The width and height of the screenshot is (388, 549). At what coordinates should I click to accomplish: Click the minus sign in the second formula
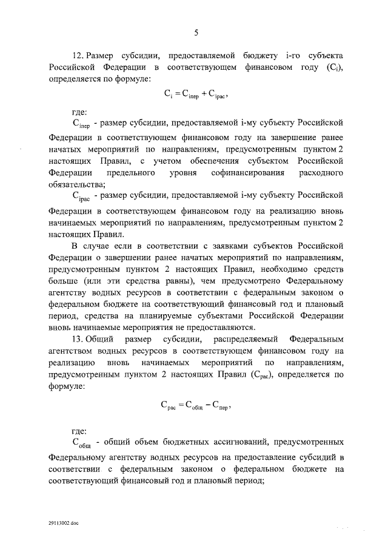pyautogui.click(x=206, y=408)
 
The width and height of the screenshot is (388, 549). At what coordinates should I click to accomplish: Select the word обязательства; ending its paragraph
pyautogui.click(x=77, y=185)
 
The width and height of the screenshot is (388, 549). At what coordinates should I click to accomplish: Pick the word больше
pyautogui.click(x=64, y=281)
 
